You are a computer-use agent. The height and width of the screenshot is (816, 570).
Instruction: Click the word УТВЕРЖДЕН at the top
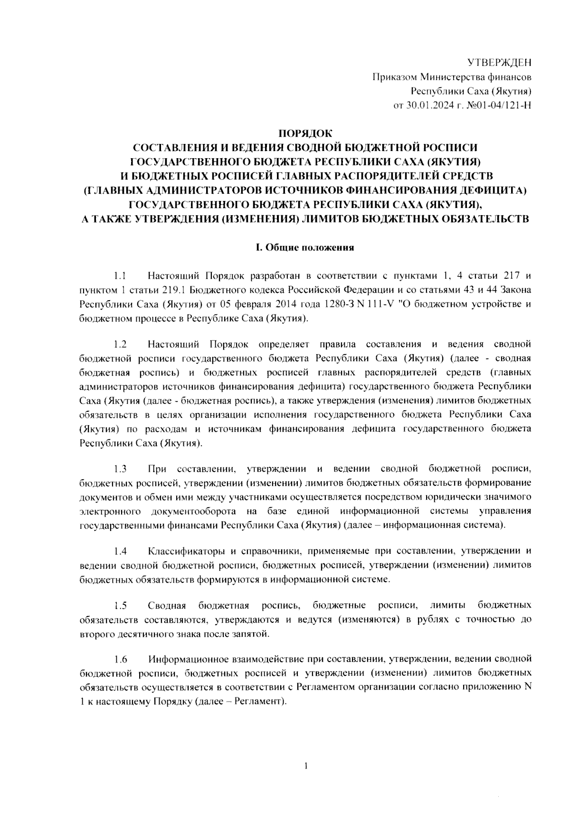pyautogui.click(x=499, y=63)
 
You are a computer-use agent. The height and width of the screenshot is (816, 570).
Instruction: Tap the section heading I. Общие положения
pyautogui.click(x=305, y=247)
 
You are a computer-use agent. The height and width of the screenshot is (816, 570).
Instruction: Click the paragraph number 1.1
pyautogui.click(x=119, y=275)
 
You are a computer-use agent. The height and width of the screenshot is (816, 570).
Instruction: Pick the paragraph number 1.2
pyautogui.click(x=120, y=343)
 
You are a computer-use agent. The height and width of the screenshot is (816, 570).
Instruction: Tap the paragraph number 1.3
pyautogui.click(x=120, y=469)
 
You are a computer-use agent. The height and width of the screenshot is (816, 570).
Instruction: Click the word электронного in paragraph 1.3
pyautogui.click(x=110, y=512)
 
